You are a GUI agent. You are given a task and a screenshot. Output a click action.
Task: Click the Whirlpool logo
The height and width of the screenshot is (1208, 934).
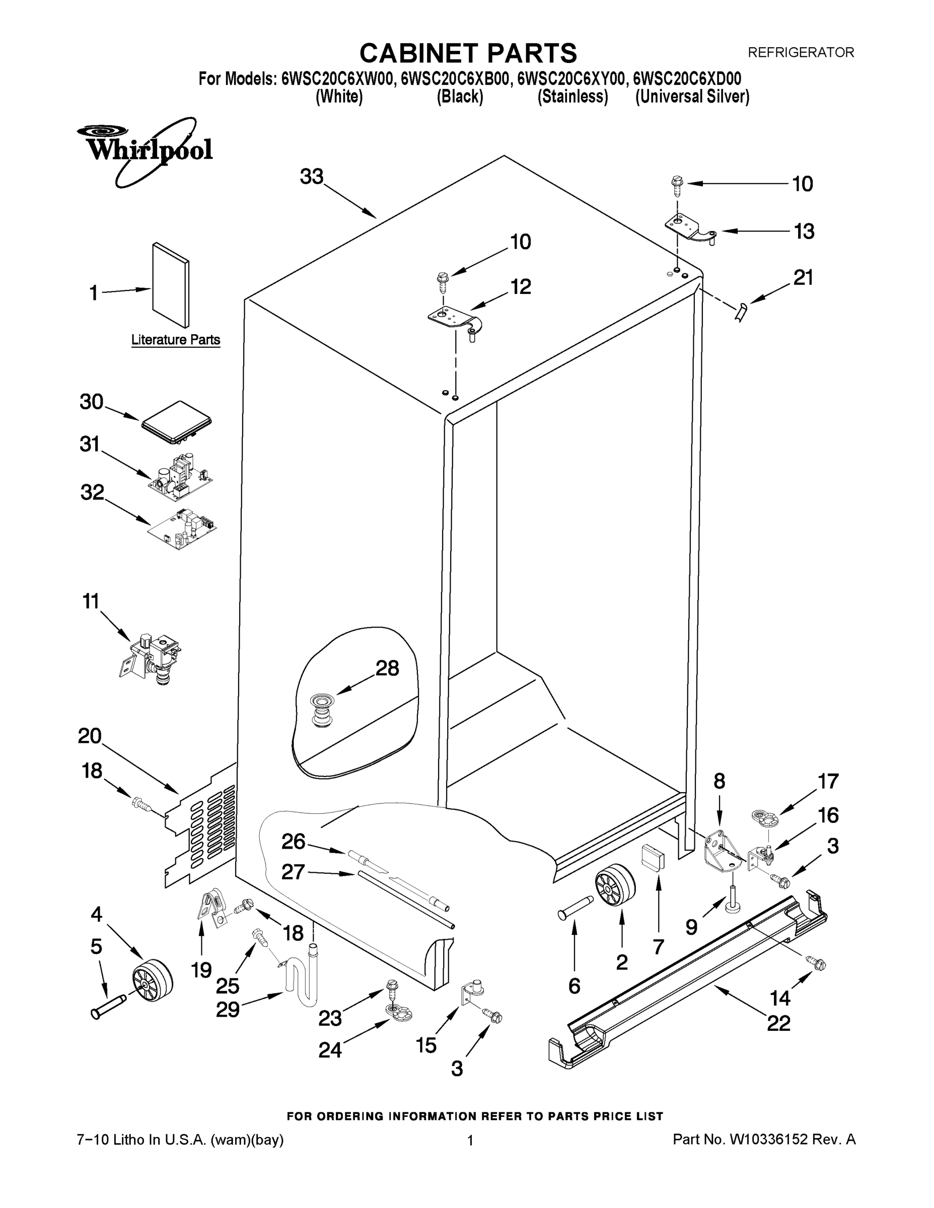point(145,150)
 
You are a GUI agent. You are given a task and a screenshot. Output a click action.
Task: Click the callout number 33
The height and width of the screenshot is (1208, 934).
point(312,177)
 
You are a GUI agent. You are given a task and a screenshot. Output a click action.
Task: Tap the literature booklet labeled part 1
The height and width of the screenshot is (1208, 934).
point(171,285)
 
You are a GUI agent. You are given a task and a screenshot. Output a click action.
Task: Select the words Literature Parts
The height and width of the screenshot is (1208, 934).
point(175,340)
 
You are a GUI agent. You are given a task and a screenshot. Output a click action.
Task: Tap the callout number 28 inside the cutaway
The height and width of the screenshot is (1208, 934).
point(387,668)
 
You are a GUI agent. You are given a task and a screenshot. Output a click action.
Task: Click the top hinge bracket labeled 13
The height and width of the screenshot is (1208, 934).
point(689,227)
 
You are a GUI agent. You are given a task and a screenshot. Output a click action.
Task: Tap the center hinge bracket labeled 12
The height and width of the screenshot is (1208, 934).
point(455,320)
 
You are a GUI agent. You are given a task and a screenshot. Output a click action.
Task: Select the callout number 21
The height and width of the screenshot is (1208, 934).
point(804,278)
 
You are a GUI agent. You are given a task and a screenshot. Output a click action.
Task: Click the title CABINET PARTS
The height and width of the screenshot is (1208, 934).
point(468,53)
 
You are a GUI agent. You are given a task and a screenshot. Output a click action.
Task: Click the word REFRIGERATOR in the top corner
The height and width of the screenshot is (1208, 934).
point(801,52)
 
